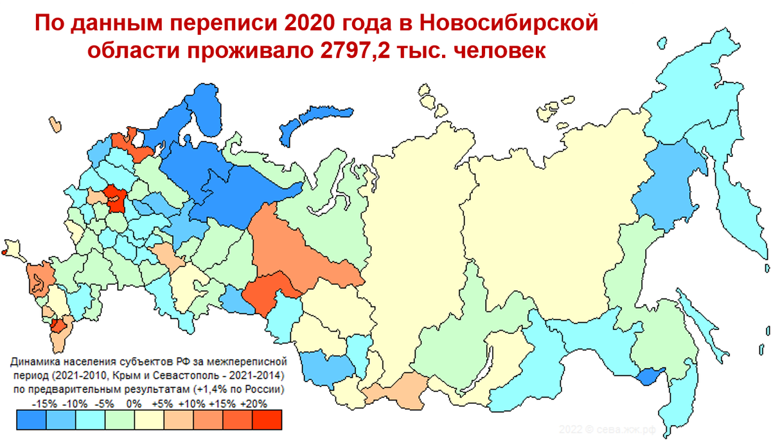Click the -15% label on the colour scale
click(x=44, y=404)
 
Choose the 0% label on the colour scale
click(x=134, y=404)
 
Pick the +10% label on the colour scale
click(x=192, y=404)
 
